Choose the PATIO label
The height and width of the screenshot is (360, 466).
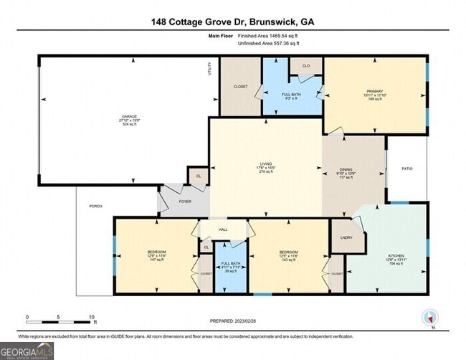pyautogui.click(x=406, y=169)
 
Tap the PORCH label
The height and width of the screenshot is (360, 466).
pyautogui.click(x=95, y=206)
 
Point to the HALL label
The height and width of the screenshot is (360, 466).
pyautogui.click(x=223, y=230)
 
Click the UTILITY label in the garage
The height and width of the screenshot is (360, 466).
pyautogui.click(x=210, y=69)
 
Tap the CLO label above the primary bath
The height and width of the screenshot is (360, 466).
pyautogui.click(x=305, y=65)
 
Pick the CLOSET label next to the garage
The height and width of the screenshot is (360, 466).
pyautogui.click(x=240, y=86)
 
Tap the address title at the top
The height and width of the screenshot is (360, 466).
pyautogui.click(x=232, y=22)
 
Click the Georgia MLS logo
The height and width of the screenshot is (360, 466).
pyautogui.click(x=27, y=350)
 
